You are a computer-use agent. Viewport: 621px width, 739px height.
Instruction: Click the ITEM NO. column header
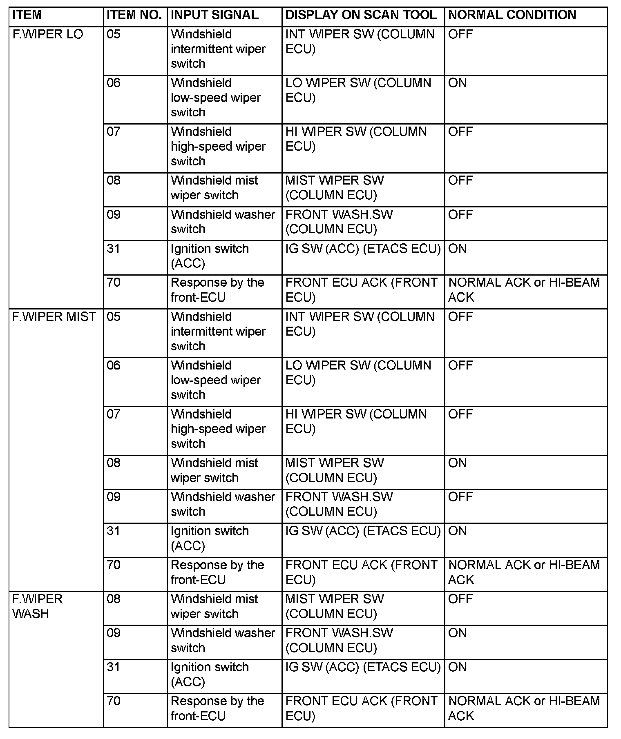(x=134, y=15)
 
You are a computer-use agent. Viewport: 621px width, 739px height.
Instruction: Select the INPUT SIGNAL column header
(x=214, y=15)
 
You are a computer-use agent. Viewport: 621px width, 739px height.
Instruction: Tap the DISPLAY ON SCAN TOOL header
(x=361, y=15)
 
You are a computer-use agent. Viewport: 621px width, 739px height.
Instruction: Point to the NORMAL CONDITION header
(x=512, y=15)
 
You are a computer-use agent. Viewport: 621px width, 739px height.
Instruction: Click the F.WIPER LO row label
(x=48, y=34)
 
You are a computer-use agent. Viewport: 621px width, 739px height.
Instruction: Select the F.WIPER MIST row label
(x=54, y=317)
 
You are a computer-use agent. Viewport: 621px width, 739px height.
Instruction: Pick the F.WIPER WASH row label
(x=37, y=606)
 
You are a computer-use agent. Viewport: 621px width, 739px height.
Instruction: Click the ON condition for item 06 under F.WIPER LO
(x=457, y=83)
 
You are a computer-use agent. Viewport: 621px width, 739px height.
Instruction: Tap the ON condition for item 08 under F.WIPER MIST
(x=457, y=463)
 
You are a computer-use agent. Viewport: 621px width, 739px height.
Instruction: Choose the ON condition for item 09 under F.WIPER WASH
(x=457, y=633)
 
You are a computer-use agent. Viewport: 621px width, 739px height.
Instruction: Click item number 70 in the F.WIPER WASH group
(x=114, y=701)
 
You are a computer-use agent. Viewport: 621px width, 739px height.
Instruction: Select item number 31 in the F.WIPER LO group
(x=114, y=249)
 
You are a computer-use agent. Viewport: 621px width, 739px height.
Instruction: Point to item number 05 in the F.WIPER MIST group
(x=114, y=317)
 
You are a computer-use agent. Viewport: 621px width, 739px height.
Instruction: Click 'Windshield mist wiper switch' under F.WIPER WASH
(x=214, y=606)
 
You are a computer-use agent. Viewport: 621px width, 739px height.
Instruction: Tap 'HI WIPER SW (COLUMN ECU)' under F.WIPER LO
(x=355, y=139)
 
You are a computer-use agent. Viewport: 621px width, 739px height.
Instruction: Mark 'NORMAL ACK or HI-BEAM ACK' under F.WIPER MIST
(x=524, y=572)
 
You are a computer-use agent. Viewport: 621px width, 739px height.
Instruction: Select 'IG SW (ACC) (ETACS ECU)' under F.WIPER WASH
(x=363, y=667)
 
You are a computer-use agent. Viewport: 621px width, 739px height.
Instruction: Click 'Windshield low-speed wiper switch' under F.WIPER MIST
(x=216, y=380)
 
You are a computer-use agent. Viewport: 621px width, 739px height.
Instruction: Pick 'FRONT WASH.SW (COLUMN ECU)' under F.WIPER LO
(x=339, y=222)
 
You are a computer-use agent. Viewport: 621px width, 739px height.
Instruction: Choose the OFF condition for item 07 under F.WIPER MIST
(x=460, y=414)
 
